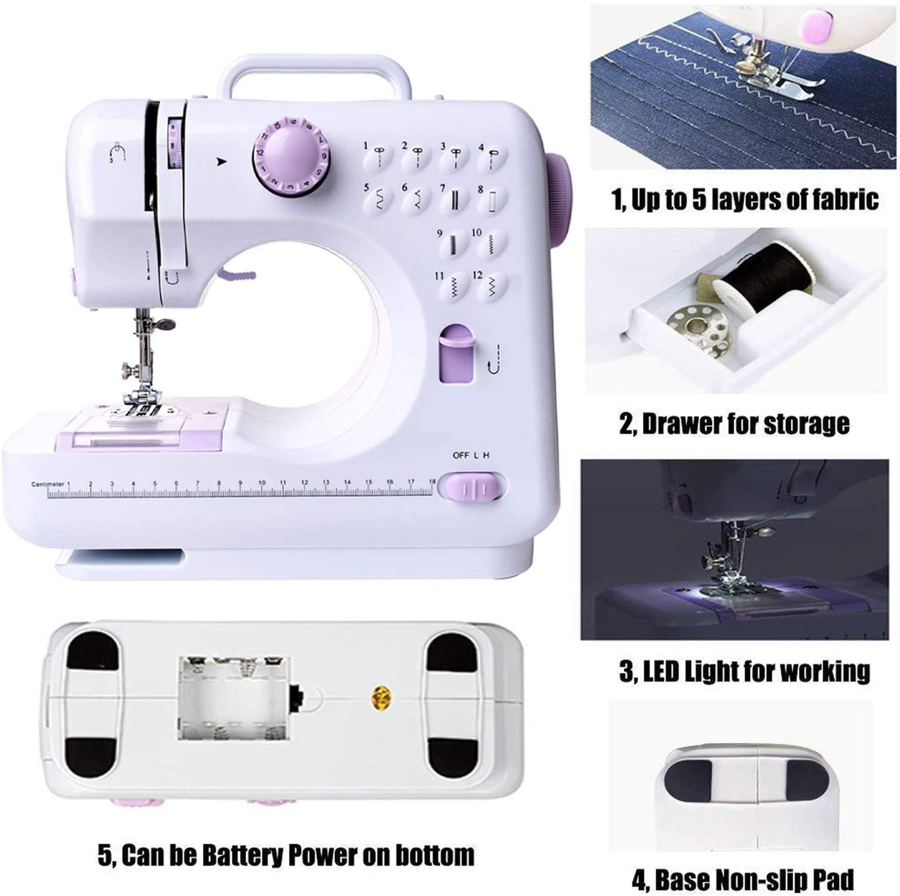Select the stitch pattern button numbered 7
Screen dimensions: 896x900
point(455,199)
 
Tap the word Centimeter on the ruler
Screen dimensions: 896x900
point(47,484)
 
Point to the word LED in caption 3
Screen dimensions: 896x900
point(661,670)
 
